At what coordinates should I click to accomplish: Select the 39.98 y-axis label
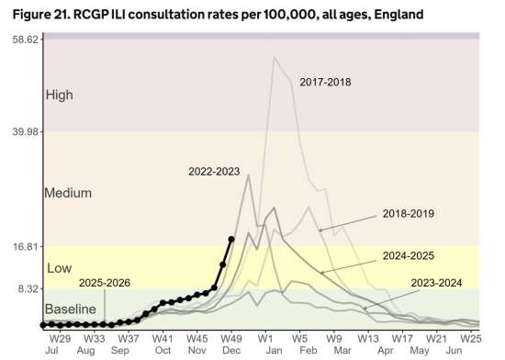[x=24, y=131]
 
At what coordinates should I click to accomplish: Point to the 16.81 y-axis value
[x=24, y=247]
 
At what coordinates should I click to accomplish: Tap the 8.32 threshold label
[x=27, y=288]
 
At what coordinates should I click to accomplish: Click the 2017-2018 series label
[x=325, y=82]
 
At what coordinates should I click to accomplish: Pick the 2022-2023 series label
[x=214, y=172]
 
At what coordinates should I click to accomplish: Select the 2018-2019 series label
[x=409, y=213]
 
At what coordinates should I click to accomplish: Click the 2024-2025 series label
[x=409, y=255]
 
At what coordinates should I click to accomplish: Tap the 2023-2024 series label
[x=436, y=283]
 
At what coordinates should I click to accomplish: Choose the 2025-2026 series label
[x=105, y=283]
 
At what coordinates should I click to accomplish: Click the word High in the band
[x=60, y=95]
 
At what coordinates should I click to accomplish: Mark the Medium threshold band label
[x=68, y=193]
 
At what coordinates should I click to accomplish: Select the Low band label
[x=60, y=268]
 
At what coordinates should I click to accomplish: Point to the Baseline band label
[x=71, y=309]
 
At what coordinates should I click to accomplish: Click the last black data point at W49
[x=231, y=239]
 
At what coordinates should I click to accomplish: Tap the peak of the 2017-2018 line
[x=275, y=57]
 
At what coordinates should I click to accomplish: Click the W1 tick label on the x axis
[x=265, y=339]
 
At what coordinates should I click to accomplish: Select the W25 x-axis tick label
[x=470, y=339]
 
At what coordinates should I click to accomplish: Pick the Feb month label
[x=309, y=350]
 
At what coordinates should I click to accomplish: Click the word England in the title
[x=398, y=15]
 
